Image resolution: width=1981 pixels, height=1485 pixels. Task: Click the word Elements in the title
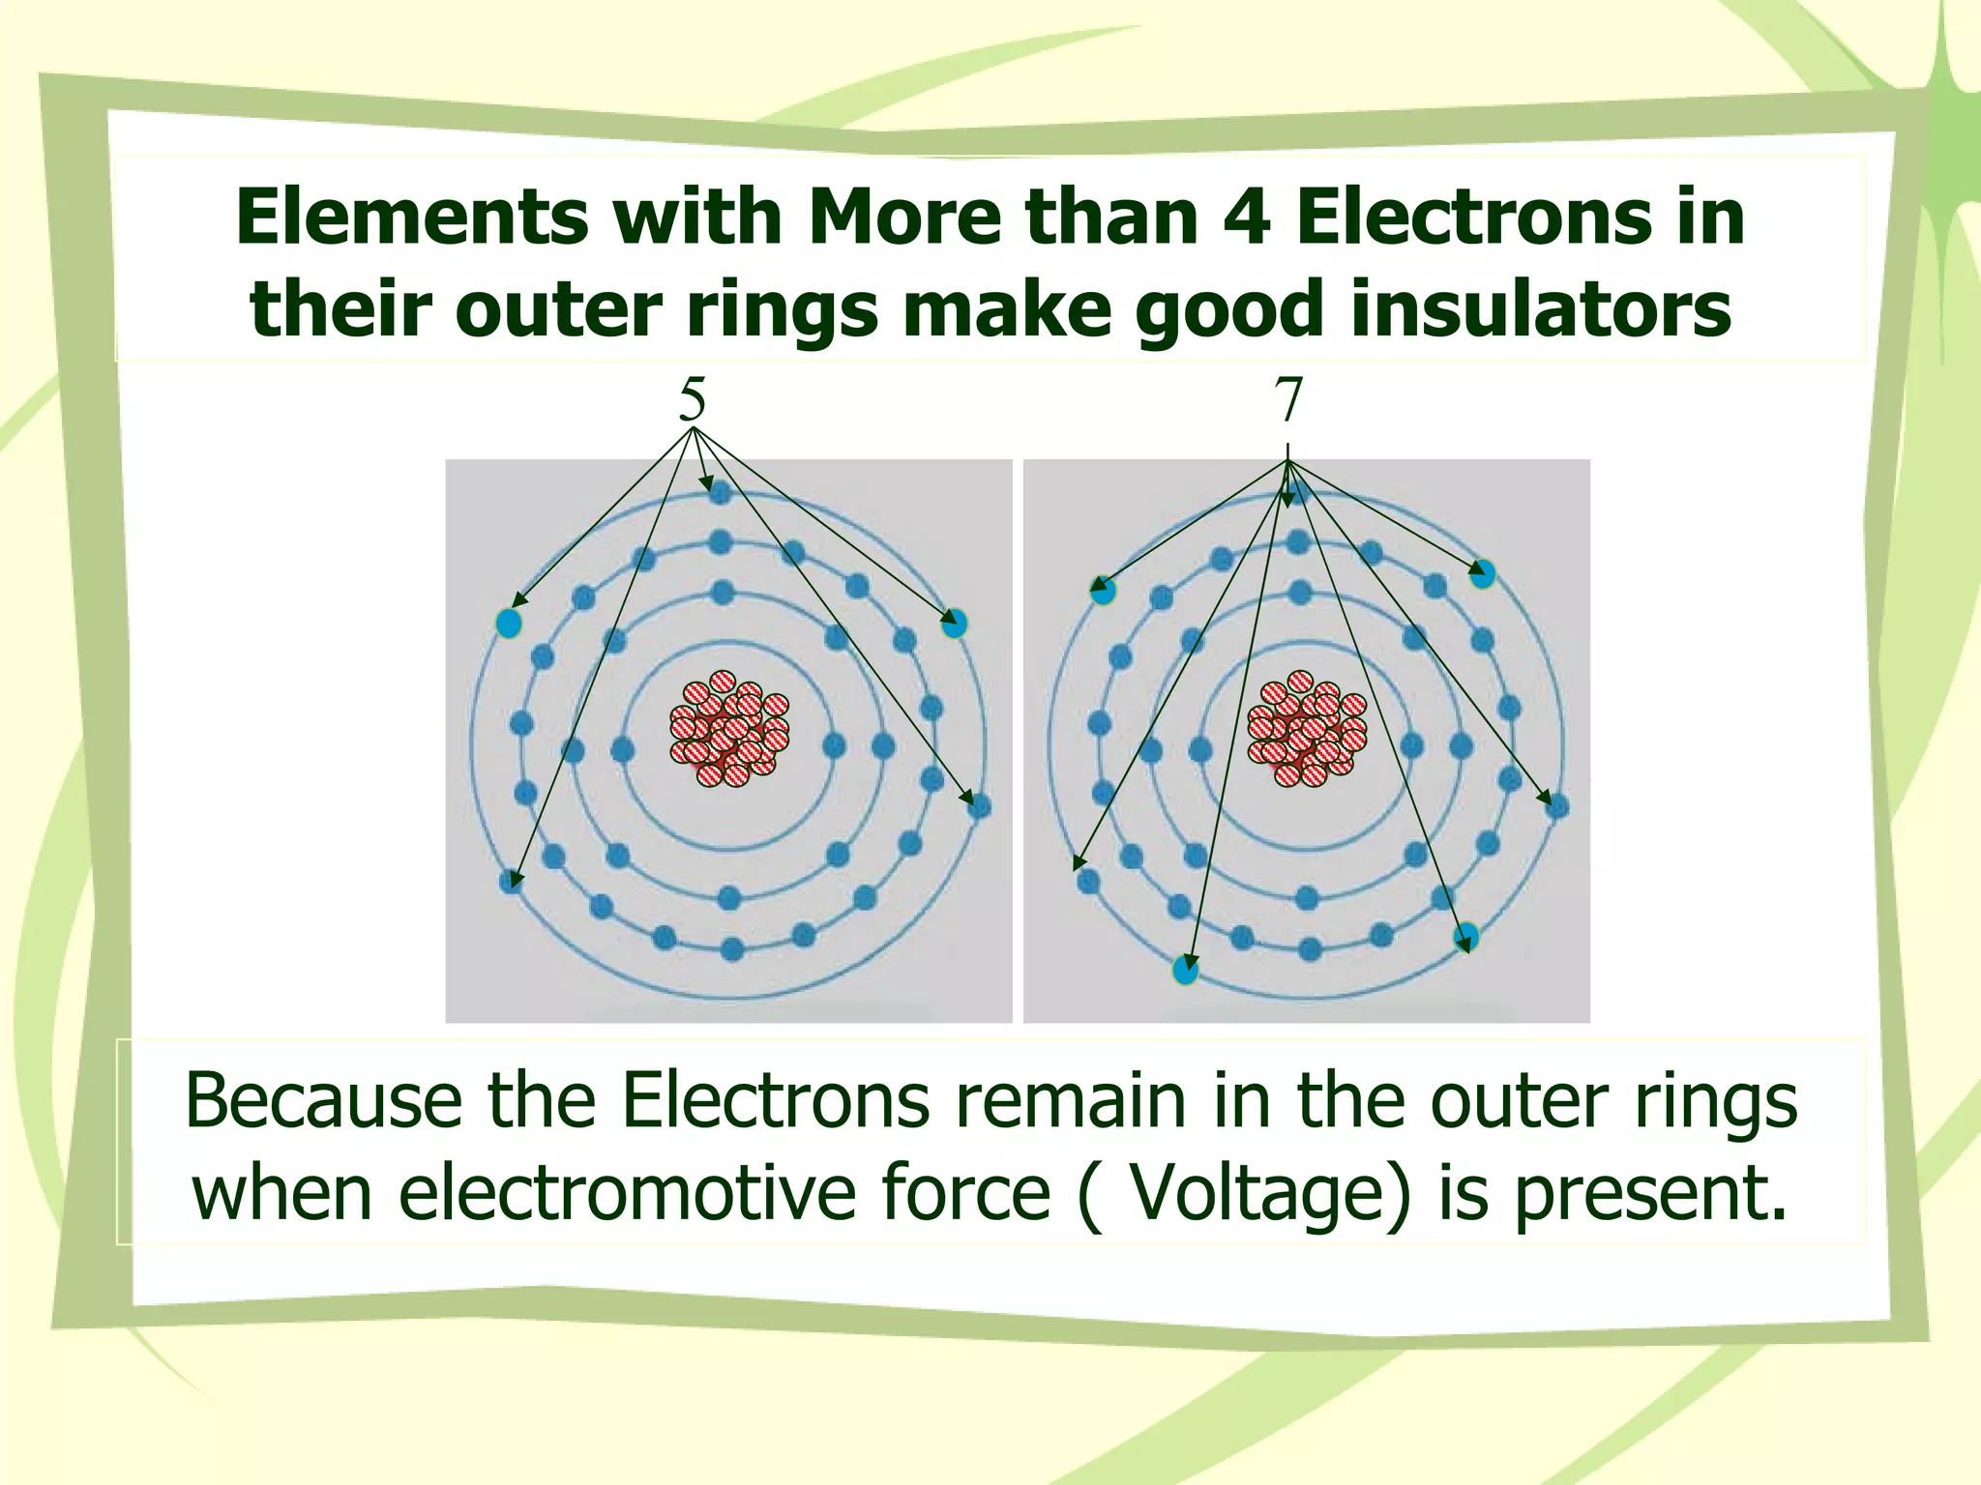click(x=411, y=217)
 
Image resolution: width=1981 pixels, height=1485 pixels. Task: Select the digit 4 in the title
click(x=1242, y=217)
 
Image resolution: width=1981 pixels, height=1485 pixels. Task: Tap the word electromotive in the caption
click(x=629, y=1191)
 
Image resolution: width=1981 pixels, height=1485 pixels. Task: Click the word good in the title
click(x=1232, y=309)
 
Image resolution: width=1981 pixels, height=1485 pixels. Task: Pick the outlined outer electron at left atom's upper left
click(x=509, y=623)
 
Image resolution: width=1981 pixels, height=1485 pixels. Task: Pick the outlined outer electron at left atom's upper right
click(x=954, y=623)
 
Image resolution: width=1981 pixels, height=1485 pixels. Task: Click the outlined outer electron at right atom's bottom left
click(x=1186, y=970)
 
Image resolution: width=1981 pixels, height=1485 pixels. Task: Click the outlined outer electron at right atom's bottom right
click(x=1466, y=936)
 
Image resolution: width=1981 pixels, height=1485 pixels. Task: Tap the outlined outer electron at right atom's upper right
click(x=1482, y=574)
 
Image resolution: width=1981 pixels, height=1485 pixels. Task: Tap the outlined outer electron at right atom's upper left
click(x=1103, y=590)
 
